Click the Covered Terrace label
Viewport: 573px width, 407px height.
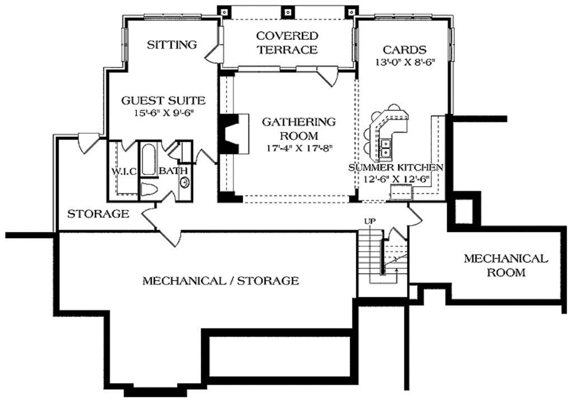pos(287,42)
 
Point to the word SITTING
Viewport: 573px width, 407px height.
pos(172,44)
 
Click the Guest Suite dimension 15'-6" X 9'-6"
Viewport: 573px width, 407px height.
pos(163,113)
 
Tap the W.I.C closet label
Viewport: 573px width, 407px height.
pos(124,171)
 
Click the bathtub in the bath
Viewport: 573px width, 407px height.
pos(148,159)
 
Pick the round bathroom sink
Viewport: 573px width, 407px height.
pos(185,182)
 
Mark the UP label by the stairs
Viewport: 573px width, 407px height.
pos(369,221)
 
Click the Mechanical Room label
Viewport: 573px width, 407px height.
pos(505,266)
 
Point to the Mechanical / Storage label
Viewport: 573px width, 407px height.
pos(220,280)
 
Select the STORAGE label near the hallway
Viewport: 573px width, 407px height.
pos(98,214)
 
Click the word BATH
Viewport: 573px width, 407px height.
pos(170,171)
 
